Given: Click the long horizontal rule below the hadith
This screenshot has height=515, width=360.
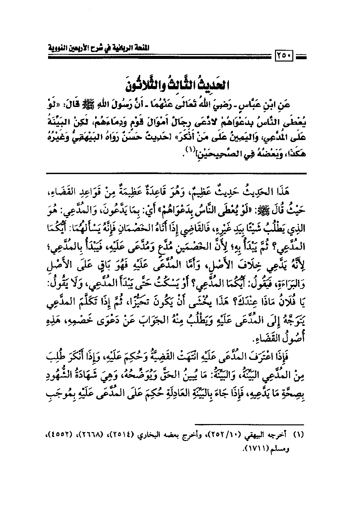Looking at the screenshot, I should pyautogui.click(x=177, y=173).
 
